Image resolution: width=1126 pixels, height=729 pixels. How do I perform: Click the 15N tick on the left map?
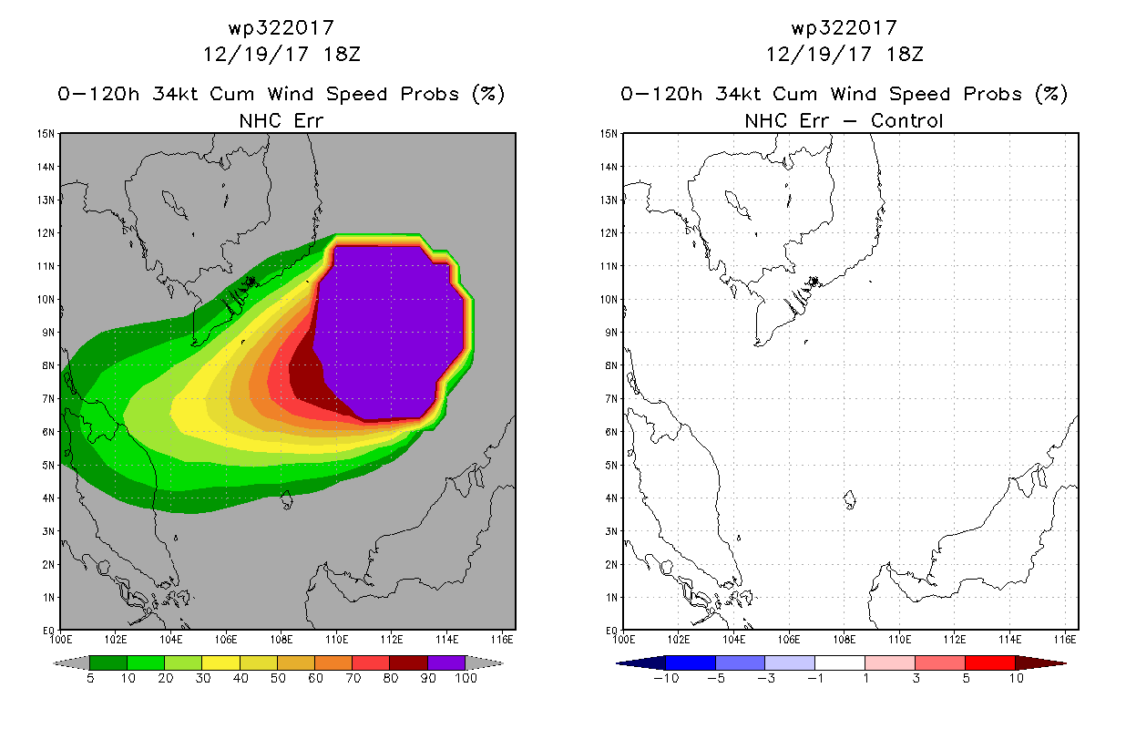click(46, 134)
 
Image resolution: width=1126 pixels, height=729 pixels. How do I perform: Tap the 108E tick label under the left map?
click(281, 640)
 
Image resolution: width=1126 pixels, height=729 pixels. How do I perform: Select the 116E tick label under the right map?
click(1065, 640)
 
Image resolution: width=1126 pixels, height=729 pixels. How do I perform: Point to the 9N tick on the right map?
click(610, 333)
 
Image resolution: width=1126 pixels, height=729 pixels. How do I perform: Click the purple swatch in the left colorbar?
click(446, 662)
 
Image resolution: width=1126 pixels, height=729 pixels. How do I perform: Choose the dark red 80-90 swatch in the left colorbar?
click(409, 662)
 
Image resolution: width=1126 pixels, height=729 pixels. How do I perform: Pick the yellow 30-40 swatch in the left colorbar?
click(221, 662)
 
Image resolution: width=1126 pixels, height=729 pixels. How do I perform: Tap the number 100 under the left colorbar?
click(466, 679)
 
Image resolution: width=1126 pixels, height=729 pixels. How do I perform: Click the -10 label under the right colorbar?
click(666, 679)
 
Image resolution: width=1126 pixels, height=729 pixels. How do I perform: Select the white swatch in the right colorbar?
click(840, 662)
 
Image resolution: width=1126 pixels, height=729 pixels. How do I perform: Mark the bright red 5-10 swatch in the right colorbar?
click(989, 662)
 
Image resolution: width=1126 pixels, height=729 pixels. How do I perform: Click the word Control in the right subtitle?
click(906, 121)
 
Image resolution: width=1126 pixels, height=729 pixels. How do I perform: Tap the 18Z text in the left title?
click(342, 55)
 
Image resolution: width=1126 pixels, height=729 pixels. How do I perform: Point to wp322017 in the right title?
click(844, 28)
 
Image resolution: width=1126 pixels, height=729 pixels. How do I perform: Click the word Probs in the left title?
click(430, 94)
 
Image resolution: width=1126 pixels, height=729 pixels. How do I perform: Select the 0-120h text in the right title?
click(661, 94)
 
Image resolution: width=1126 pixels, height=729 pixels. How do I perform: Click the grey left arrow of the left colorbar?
click(71, 663)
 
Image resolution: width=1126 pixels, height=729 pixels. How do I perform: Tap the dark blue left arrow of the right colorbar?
click(641, 663)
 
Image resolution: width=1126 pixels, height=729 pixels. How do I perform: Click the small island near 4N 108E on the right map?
click(850, 499)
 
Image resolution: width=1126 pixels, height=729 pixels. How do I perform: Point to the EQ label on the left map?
click(49, 631)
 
